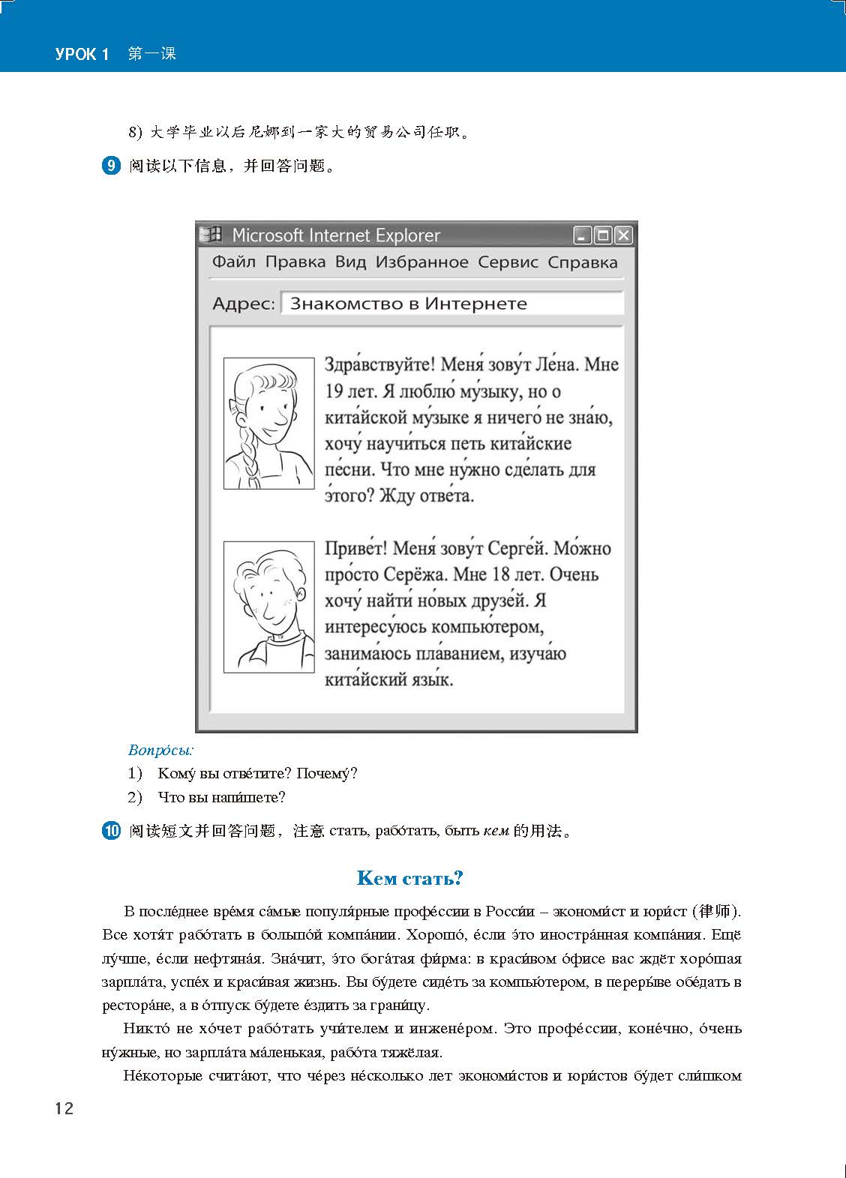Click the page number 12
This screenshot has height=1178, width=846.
pyautogui.click(x=64, y=1108)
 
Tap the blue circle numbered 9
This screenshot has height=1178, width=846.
pyautogui.click(x=110, y=166)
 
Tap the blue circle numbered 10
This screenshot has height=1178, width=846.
pyautogui.click(x=110, y=831)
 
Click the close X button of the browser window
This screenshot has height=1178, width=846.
pyautogui.click(x=623, y=235)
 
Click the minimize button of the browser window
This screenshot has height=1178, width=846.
pyautogui.click(x=583, y=235)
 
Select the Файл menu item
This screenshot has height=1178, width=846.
pyautogui.click(x=234, y=262)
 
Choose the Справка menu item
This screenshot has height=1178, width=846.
pyautogui.click(x=583, y=262)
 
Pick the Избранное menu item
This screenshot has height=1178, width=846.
pyautogui.click(x=421, y=262)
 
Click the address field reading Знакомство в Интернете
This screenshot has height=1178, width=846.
pyautogui.click(x=451, y=304)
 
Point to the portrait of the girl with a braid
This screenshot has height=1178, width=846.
pyautogui.click(x=268, y=424)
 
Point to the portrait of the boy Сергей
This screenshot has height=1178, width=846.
pyautogui.click(x=268, y=607)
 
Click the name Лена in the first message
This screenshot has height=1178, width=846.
pyautogui.click(x=556, y=365)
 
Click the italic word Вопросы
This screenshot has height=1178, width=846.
pyautogui.click(x=161, y=749)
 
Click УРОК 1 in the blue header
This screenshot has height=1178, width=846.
pyautogui.click(x=82, y=55)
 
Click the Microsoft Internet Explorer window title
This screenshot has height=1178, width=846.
pyautogui.click(x=336, y=235)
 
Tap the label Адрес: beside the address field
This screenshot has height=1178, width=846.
pyautogui.click(x=244, y=304)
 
